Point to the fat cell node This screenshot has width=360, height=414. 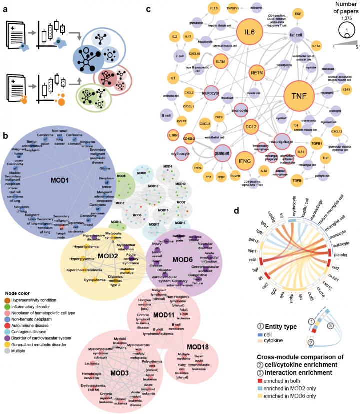(301, 34)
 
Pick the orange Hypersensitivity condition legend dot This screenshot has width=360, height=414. (7, 299)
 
